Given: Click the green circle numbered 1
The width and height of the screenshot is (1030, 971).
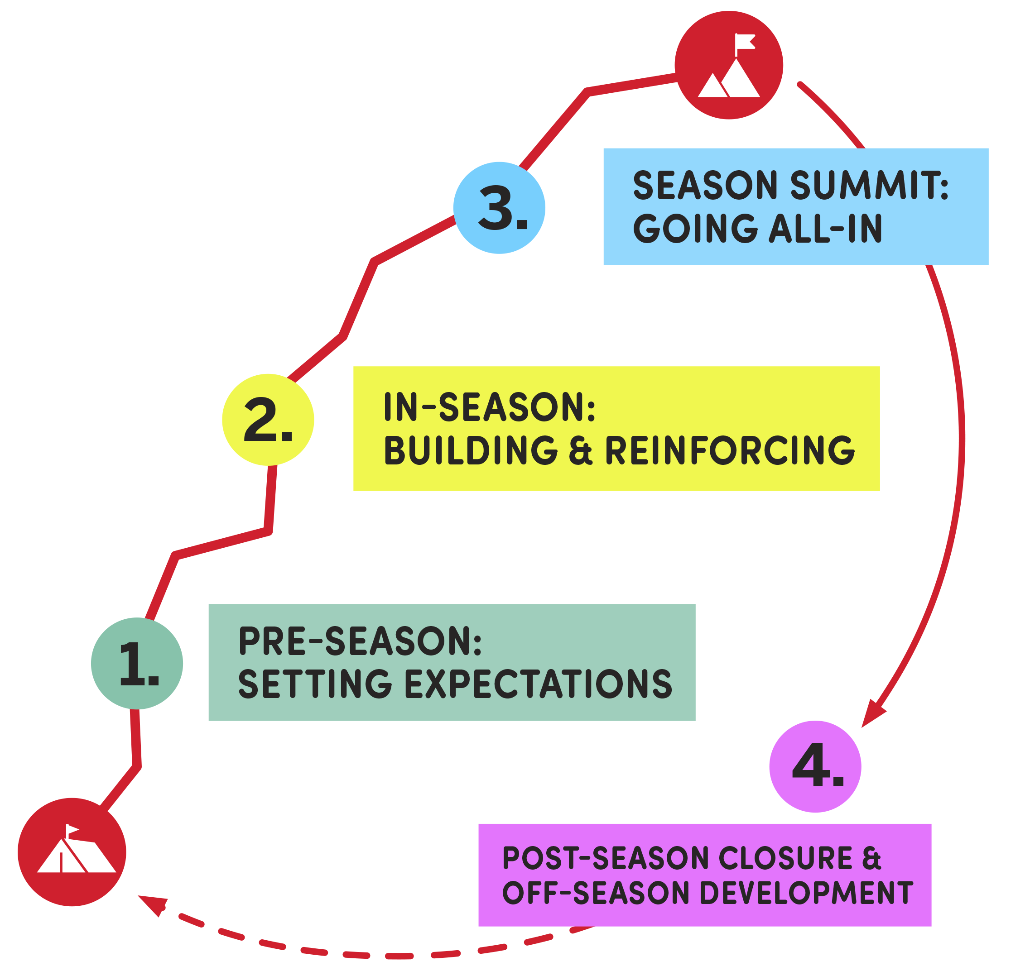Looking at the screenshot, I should [x=137, y=663].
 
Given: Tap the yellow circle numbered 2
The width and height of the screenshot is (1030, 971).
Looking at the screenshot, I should [x=268, y=420].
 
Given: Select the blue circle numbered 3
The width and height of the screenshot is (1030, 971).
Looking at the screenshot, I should [x=499, y=208].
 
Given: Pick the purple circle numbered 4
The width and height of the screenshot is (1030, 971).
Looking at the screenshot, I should [x=815, y=766].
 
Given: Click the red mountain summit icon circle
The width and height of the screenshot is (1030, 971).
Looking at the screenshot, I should [x=728, y=65].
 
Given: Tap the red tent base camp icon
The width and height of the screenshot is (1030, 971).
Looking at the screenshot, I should [x=72, y=852].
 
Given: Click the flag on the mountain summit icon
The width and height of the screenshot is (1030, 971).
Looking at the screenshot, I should [x=745, y=42].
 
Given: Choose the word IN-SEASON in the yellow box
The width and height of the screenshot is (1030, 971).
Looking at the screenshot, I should [x=489, y=407].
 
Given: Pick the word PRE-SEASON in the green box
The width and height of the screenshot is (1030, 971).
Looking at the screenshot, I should [x=360, y=641].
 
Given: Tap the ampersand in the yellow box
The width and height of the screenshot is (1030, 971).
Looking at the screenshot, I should [x=580, y=450].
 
